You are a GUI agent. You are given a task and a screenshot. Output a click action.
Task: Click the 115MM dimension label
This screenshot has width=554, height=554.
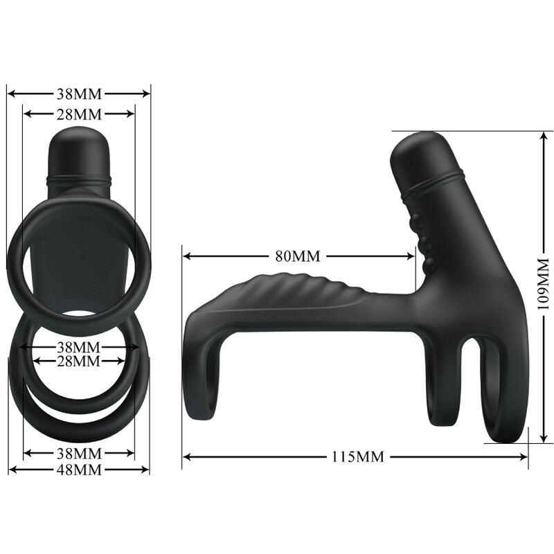[357, 456]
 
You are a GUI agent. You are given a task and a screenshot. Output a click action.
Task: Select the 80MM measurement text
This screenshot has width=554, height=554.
[298, 256]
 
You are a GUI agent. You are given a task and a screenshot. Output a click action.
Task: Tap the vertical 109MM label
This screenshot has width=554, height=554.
[543, 283]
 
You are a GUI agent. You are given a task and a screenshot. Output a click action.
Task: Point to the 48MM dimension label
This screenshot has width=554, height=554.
[79, 470]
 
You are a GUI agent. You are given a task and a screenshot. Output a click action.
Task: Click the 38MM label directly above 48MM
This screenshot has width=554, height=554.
[79, 454]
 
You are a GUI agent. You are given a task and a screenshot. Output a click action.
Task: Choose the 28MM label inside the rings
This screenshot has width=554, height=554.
[79, 361]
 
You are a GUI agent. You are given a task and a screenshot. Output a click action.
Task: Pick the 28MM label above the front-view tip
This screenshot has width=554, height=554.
[79, 114]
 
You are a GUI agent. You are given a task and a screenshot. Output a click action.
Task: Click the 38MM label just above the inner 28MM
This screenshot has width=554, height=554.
[79, 346]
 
